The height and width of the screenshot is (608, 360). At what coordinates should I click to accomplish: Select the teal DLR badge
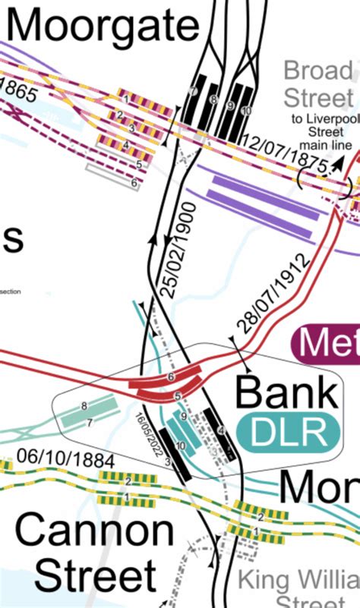tap(288, 433)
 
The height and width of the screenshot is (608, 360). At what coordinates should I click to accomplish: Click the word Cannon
tap(95, 532)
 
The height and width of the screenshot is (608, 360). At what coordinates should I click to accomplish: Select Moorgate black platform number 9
tap(230, 106)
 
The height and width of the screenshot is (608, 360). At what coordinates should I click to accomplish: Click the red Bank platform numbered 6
tap(172, 376)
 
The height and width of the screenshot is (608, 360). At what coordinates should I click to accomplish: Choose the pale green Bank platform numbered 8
tap(84, 406)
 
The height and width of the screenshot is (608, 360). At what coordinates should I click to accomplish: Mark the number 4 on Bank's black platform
tap(221, 430)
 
